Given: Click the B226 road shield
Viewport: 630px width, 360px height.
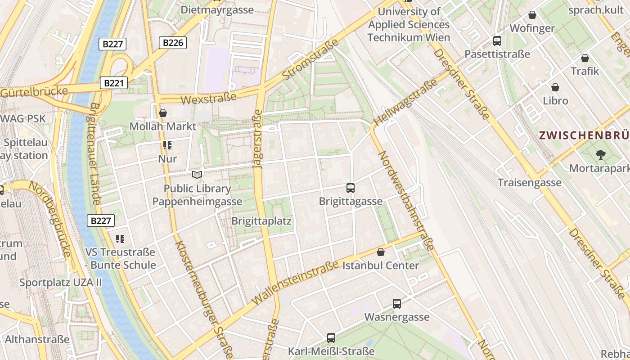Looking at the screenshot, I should pos(173,43).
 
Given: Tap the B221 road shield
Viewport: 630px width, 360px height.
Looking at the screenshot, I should pos(114,83).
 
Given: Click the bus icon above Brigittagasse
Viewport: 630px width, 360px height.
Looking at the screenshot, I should pos(351,188).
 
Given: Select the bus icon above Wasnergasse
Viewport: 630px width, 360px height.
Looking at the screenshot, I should pos(396,304).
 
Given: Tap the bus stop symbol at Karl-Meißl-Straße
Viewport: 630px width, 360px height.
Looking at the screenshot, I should pos(331,337).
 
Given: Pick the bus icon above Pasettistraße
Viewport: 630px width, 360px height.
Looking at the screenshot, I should pos(497,41).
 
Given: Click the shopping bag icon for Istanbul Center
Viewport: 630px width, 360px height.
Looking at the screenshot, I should pos(381,252).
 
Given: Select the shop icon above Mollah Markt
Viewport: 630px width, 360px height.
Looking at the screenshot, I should pos(163,113).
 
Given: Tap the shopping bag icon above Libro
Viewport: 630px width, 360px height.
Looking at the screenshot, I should pos(555,87).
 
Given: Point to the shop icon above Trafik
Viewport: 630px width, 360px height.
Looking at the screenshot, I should pos(585,58).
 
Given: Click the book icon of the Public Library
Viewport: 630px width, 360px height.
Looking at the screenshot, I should pos(197,175).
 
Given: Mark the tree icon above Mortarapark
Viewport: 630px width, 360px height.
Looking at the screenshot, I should pos(600,155).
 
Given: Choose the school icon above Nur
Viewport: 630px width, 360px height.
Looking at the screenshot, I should pos(167,145).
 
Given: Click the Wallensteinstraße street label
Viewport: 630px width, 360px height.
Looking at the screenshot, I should pos(295,283).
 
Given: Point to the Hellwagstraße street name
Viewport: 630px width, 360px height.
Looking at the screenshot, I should pos(405,102).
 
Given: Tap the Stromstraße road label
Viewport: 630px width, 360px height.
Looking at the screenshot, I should pos(311,59).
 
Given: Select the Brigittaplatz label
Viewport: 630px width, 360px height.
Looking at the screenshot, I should pos(261,221).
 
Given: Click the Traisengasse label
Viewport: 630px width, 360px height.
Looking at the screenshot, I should pos(530,182).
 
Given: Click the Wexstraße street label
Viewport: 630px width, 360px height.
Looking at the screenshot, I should pos(208,98).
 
